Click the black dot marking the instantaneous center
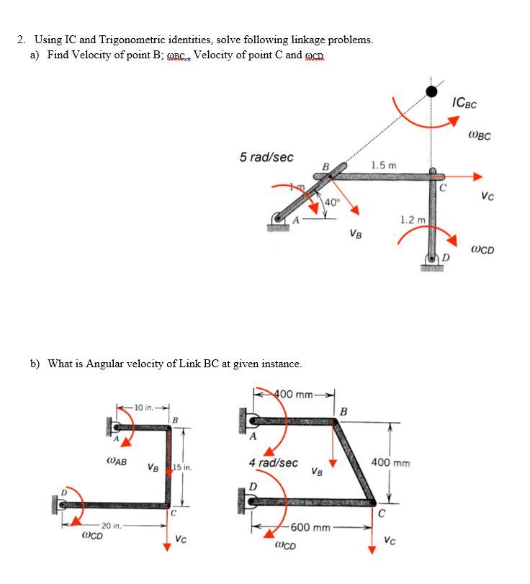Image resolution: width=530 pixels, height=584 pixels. point(431,91)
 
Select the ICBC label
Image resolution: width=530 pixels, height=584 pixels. point(464,104)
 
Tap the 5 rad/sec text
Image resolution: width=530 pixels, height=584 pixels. point(266,157)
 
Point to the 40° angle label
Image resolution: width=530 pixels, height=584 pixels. point(332,202)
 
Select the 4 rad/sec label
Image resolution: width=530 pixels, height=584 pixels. point(273,462)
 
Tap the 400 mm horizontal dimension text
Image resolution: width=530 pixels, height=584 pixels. point(294,394)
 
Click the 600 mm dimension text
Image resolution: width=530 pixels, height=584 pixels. point(310,527)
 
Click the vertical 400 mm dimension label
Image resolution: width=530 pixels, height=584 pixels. point(391,462)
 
